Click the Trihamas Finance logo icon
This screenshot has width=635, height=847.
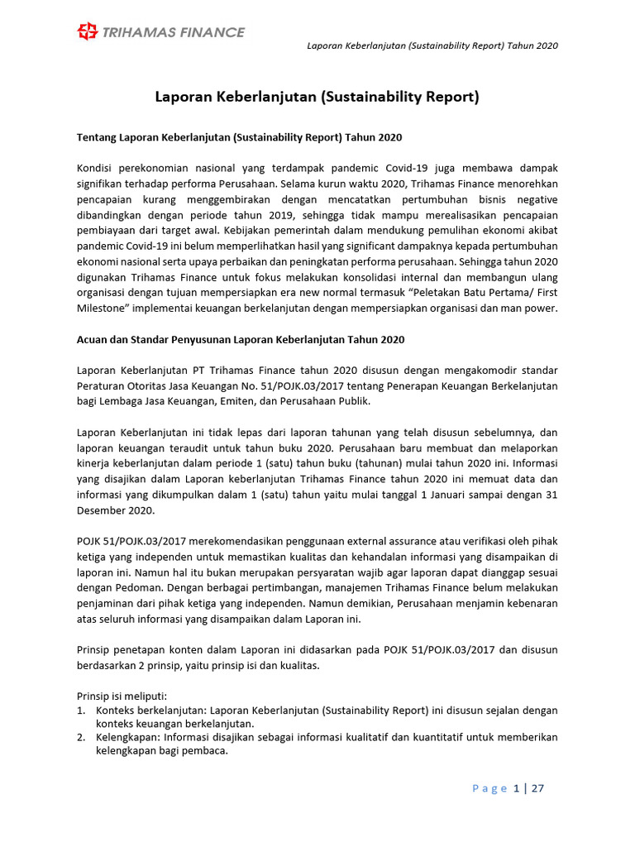[x=87, y=32]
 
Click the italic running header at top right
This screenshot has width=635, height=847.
[x=432, y=45]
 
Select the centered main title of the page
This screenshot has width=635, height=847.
[x=317, y=97]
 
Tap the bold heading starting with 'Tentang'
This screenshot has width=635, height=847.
[x=239, y=136]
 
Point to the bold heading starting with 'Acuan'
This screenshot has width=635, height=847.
[x=241, y=340]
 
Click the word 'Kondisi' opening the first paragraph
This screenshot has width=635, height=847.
[x=93, y=168]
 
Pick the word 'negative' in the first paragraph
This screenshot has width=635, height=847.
[x=535, y=199]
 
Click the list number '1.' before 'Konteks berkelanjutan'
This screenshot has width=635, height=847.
[x=81, y=711]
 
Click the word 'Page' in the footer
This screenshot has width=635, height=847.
[x=489, y=788]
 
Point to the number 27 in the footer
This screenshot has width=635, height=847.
[x=537, y=788]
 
